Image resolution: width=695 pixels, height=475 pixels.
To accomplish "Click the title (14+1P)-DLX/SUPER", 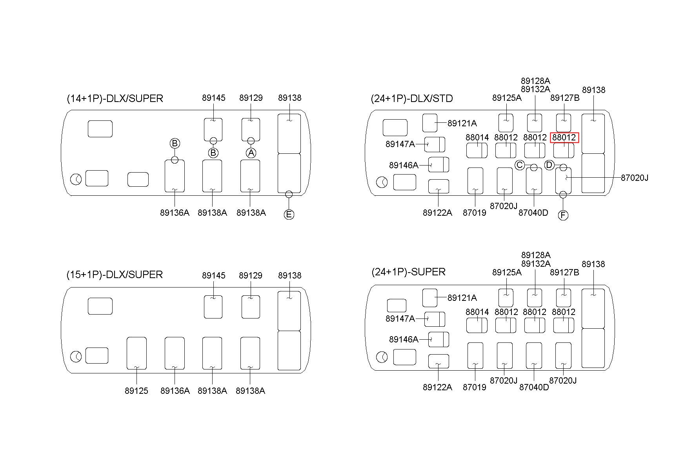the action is click(x=115, y=98).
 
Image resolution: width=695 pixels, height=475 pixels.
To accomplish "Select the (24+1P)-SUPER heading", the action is click(x=408, y=272).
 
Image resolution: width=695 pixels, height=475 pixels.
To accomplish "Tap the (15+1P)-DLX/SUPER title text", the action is click(x=115, y=275).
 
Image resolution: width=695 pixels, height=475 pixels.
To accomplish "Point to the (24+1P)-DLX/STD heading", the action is click(x=412, y=98).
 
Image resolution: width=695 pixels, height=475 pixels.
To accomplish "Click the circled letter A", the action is click(x=251, y=153).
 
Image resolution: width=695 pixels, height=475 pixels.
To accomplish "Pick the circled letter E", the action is click(x=289, y=215).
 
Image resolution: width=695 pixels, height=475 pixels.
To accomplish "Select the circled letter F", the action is click(x=563, y=215).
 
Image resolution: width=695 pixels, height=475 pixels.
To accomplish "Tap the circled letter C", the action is click(x=520, y=165).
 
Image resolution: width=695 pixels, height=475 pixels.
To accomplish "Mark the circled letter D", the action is click(x=549, y=165).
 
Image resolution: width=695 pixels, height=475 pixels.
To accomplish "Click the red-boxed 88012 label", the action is click(x=564, y=138).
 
